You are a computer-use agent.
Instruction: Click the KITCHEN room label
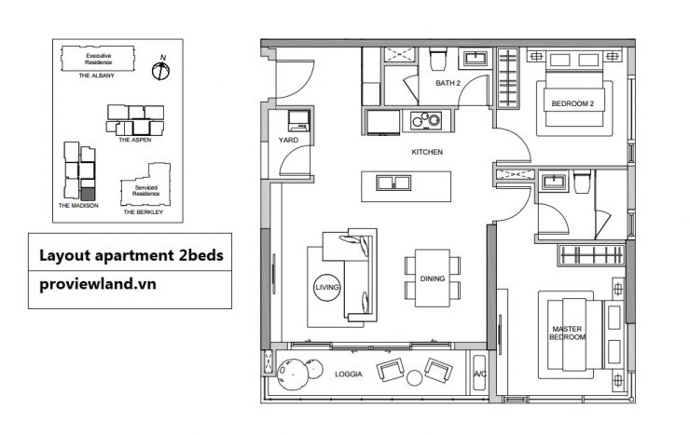click(427, 152)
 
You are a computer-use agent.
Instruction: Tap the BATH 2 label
click(448, 83)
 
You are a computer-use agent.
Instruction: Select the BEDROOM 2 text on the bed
click(573, 104)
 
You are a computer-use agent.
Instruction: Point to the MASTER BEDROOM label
click(567, 333)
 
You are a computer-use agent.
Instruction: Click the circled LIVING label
click(327, 288)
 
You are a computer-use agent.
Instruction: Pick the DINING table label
click(433, 279)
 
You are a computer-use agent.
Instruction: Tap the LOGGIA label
click(349, 374)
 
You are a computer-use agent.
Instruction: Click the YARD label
click(288, 140)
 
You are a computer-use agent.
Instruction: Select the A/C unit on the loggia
click(479, 374)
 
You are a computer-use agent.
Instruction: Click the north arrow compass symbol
click(160, 70)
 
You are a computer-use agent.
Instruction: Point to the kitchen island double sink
click(393, 183)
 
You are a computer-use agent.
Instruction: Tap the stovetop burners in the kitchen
click(426, 120)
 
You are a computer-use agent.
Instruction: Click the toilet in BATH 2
click(438, 59)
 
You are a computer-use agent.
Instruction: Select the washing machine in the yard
click(298, 121)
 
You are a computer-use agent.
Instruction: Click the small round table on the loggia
click(414, 378)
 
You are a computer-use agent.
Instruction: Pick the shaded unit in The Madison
click(88, 194)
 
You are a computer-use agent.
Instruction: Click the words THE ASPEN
click(134, 140)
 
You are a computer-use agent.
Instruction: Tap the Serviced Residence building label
click(146, 190)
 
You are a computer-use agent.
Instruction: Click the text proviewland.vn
click(98, 284)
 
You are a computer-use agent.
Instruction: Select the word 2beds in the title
click(200, 255)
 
